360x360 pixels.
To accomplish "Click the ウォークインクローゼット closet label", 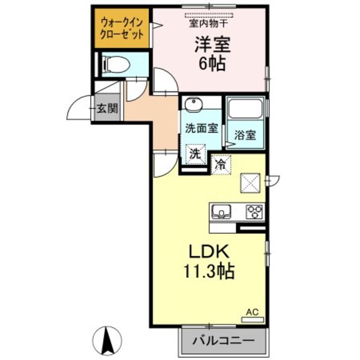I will [x=122, y=28].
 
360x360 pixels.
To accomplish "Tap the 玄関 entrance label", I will [x=108, y=109].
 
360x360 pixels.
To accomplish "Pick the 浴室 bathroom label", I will [x=245, y=135].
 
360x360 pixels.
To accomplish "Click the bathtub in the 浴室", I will [x=245, y=109].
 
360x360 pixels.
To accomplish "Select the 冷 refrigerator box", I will [x=220, y=163].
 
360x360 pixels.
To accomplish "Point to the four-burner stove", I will [x=255, y=212].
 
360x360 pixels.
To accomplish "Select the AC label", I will [x=253, y=312].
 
